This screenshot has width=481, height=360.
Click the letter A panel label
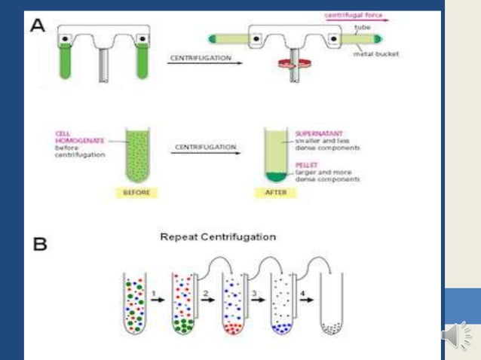[x=38, y=25]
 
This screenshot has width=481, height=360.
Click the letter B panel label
[x=39, y=244]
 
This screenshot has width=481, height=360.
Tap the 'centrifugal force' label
[x=351, y=15]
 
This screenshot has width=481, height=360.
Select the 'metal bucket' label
[x=375, y=53]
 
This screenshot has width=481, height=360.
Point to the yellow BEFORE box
[x=136, y=193]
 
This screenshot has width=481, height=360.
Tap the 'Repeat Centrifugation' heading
[x=218, y=236]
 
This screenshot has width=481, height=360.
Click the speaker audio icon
[x=457, y=335]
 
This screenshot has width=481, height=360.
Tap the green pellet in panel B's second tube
[x=182, y=326]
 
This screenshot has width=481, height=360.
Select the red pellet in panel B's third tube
[x=232, y=328]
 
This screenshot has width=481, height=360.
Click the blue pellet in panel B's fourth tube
[x=282, y=328]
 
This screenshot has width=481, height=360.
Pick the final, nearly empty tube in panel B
[x=331, y=305]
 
